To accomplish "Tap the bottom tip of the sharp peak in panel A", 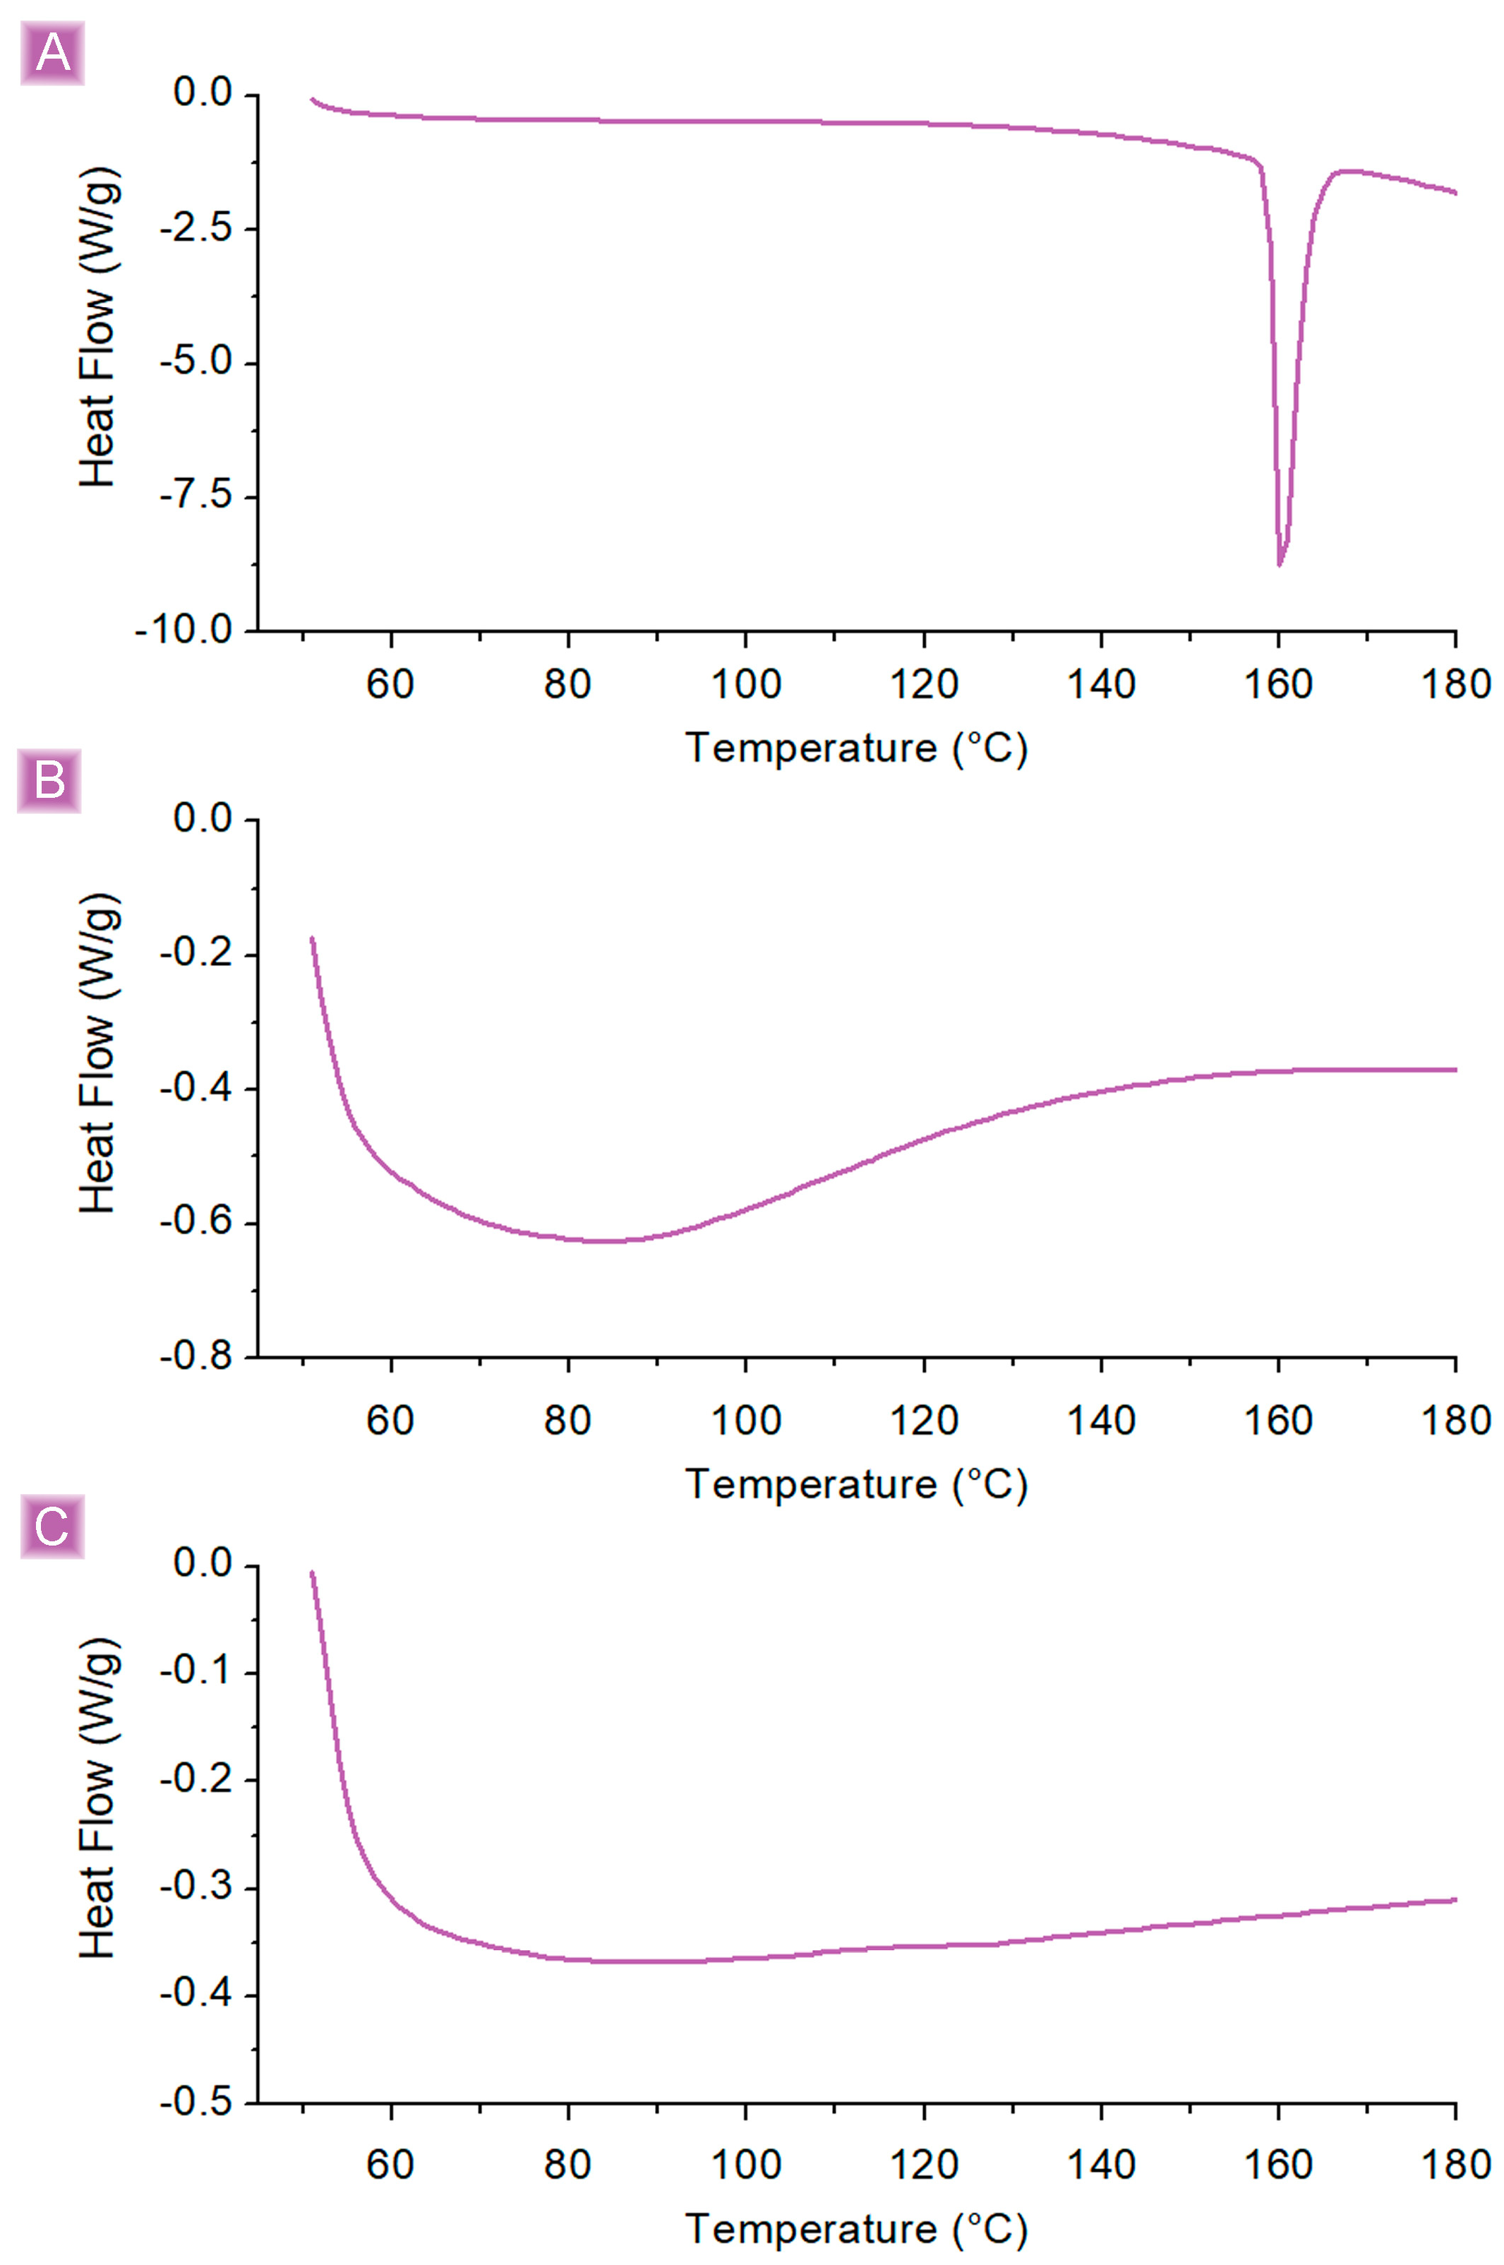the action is click(x=1280, y=565).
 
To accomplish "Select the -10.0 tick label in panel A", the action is click(x=184, y=631).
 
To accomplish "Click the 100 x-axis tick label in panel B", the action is click(x=745, y=1421).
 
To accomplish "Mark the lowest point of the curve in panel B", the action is click(x=604, y=1241).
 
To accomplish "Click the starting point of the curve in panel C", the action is click(x=312, y=1573).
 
